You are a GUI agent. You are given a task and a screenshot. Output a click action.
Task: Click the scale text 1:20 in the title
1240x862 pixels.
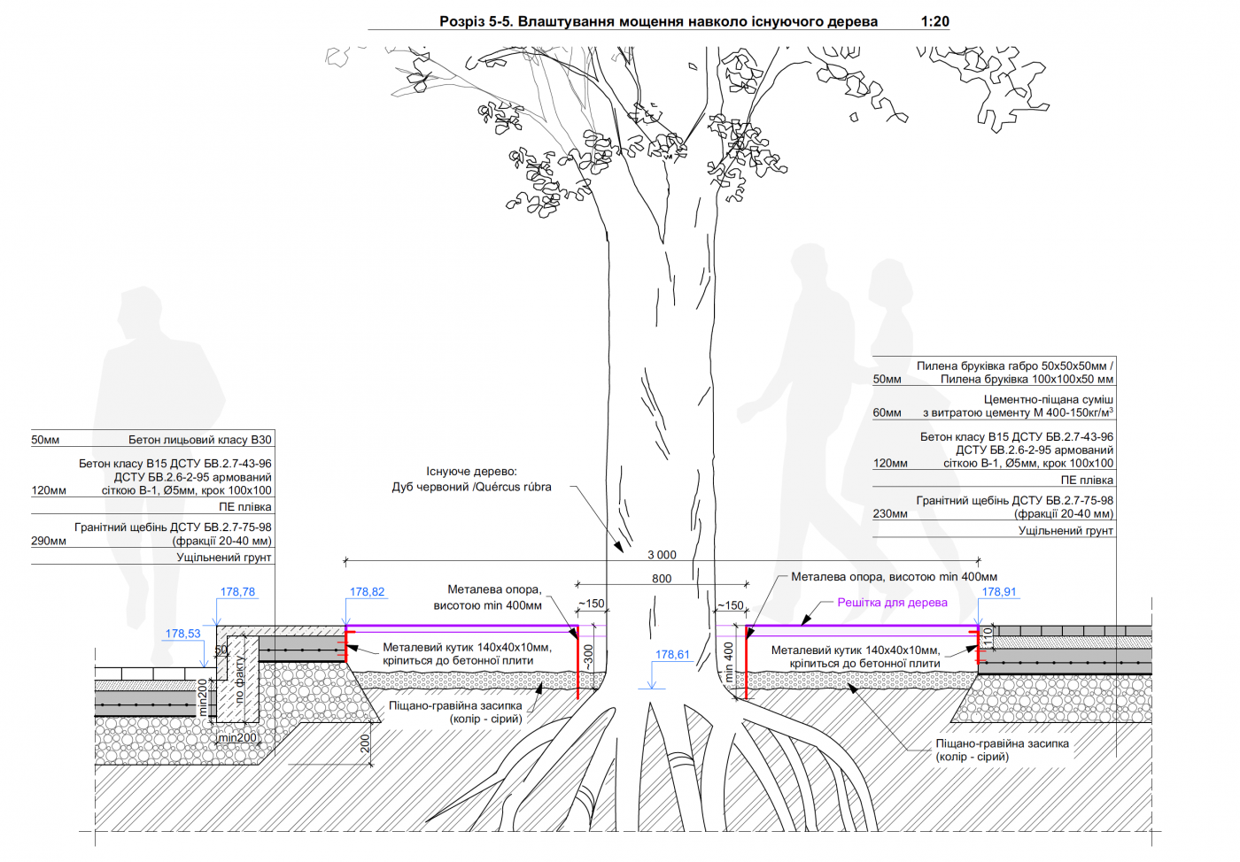(x=934, y=21)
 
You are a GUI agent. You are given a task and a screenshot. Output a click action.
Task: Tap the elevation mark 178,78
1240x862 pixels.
(x=237, y=592)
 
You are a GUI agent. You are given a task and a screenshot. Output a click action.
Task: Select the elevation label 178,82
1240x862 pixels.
(x=367, y=592)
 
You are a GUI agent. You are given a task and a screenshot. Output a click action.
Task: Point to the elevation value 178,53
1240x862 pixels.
(x=182, y=634)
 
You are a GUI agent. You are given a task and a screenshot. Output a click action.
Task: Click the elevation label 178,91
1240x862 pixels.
(x=999, y=592)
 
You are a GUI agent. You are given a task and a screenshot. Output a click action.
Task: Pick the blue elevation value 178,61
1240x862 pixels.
(x=672, y=655)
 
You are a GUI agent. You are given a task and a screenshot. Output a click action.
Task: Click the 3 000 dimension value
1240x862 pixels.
(x=662, y=555)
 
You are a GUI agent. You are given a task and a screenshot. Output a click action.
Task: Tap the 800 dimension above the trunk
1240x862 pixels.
(x=662, y=579)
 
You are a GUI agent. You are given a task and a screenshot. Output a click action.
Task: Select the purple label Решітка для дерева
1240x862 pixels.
(x=892, y=603)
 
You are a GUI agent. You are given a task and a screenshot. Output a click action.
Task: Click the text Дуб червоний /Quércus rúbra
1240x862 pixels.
(x=471, y=487)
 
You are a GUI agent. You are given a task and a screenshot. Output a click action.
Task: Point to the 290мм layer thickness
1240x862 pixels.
(x=49, y=541)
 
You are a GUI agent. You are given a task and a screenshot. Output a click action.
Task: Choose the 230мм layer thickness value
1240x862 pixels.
(x=890, y=513)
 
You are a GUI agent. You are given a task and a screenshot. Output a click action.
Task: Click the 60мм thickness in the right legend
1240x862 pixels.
(x=887, y=412)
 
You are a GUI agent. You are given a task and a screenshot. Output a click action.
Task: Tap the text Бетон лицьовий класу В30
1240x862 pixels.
(x=200, y=440)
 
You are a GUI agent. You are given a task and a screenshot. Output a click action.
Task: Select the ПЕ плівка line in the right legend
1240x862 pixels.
(x=1087, y=481)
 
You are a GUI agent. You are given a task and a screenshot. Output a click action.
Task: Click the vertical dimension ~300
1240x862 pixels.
(x=589, y=657)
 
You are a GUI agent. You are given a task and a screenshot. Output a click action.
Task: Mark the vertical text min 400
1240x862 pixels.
(x=729, y=661)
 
